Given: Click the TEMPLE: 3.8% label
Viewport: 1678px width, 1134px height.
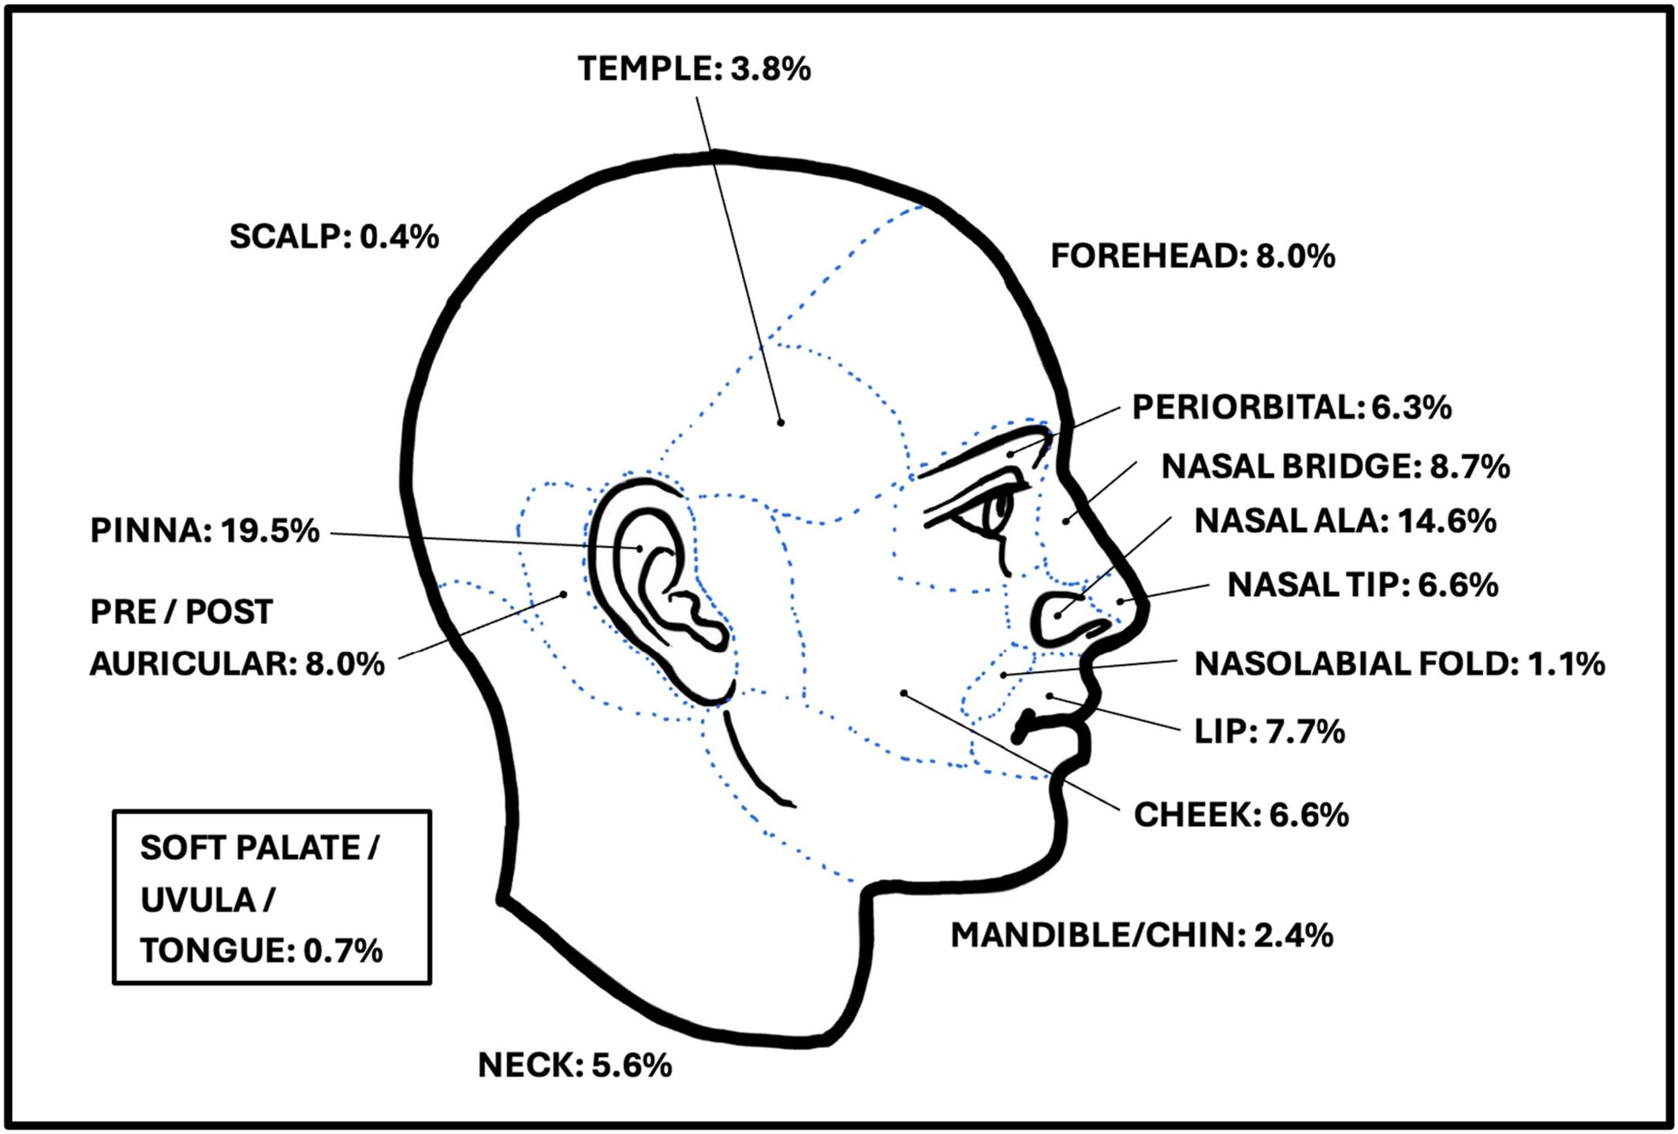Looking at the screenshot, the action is click(x=694, y=69).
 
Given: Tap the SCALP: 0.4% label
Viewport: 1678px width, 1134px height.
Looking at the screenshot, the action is click(x=334, y=236).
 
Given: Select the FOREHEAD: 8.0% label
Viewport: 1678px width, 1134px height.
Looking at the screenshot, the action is click(x=1193, y=256).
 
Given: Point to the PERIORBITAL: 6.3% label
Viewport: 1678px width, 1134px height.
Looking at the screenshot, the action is click(x=1292, y=407).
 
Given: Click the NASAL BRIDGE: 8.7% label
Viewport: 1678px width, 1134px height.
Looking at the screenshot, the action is click(x=1336, y=467).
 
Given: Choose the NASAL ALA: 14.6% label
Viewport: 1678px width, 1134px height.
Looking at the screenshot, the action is click(x=1345, y=521).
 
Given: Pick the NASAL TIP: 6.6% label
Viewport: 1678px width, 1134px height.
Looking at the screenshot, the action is click(x=1363, y=585).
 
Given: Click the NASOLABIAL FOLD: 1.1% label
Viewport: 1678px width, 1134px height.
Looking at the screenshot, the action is click(x=1400, y=664).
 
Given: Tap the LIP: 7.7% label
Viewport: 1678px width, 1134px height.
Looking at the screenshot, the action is click(x=1270, y=731).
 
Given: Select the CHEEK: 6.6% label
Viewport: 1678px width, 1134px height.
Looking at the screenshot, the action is click(x=1241, y=815).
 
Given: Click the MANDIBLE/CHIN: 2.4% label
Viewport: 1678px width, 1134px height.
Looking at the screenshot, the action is click(x=1142, y=935).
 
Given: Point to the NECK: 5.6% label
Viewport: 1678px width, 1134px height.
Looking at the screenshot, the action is click(x=575, y=1065).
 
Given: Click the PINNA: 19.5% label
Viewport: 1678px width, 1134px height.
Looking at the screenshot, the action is click(x=205, y=530).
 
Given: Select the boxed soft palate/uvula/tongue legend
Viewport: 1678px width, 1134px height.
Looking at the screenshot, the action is click(x=272, y=898).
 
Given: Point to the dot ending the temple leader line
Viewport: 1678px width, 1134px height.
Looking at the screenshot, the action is click(x=781, y=422).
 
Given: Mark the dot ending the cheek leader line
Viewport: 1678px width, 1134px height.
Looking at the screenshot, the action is click(x=904, y=693).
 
